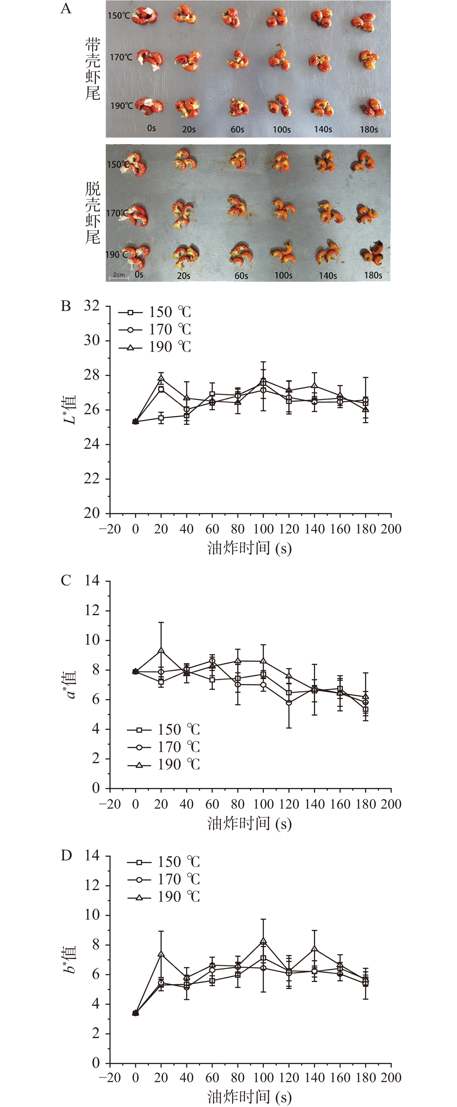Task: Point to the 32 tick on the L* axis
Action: [92, 306]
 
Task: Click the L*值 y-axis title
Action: [70, 410]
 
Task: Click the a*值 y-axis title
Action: [70, 685]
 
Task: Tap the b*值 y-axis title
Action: [70, 959]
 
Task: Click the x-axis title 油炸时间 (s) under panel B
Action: [249, 548]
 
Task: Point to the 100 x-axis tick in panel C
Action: [263, 804]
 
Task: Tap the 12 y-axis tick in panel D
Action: [92, 885]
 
